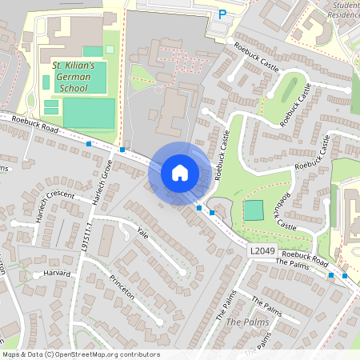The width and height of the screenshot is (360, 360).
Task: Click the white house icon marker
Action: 180,172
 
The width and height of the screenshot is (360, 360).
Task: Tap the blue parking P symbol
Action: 223,14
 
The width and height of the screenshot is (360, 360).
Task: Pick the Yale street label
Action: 143,234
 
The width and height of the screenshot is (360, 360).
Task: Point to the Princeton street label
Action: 122,291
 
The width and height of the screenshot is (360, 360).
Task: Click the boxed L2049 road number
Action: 261,251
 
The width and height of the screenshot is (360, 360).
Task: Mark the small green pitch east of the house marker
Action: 254,210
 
